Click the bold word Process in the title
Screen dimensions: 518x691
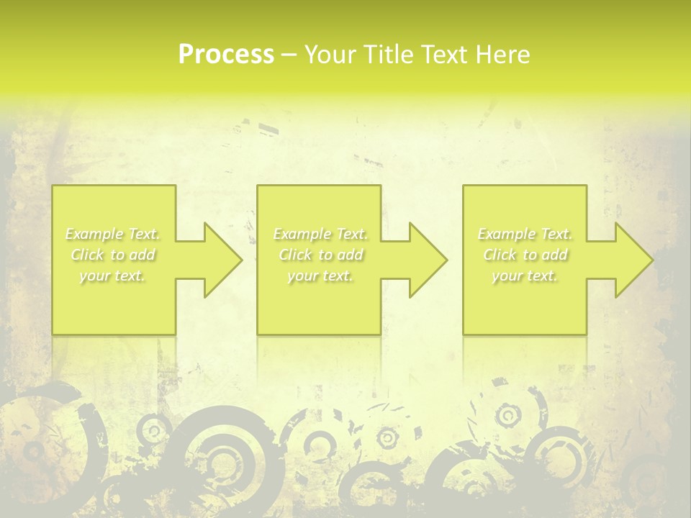point(226,55)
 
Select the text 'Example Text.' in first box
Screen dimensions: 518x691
point(113,234)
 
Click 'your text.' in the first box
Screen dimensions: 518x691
point(113,276)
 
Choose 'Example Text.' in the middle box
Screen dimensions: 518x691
point(320,234)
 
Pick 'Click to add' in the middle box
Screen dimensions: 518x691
point(320,255)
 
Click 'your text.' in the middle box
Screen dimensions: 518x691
point(320,276)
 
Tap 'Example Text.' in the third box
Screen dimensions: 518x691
point(525,234)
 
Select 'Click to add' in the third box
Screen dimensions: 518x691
point(525,255)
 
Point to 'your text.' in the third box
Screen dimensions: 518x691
point(525,276)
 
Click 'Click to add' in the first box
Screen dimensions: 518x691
point(113,255)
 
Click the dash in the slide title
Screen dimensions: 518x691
point(289,55)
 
